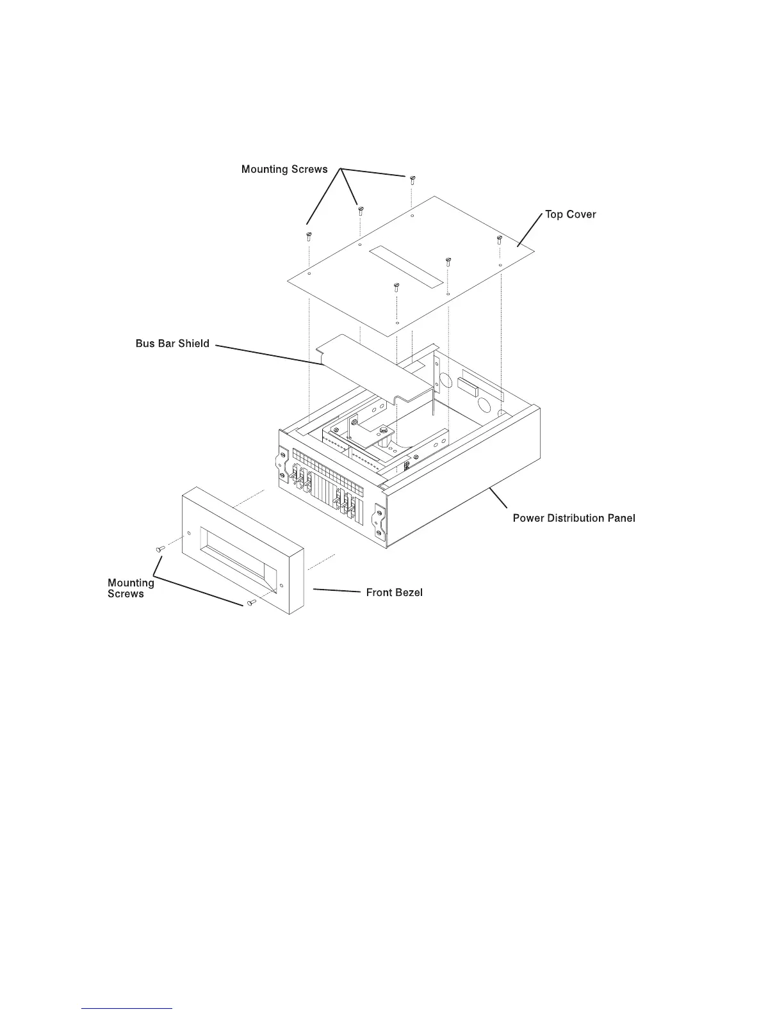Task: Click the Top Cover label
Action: pyautogui.click(x=570, y=214)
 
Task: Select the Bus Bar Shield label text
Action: pyautogui.click(x=172, y=344)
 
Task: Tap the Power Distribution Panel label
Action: pyautogui.click(x=574, y=518)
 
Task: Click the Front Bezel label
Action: pyautogui.click(x=394, y=593)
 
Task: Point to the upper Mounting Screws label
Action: pyautogui.click(x=284, y=170)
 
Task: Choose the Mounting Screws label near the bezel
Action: pyautogui.click(x=131, y=588)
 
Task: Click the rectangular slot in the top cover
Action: pyautogui.click(x=407, y=264)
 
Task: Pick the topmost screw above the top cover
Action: pyautogui.click(x=412, y=178)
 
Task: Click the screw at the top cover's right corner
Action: pyautogui.click(x=498, y=240)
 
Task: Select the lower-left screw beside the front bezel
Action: pyautogui.click(x=160, y=549)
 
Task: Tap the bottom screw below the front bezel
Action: pyautogui.click(x=251, y=602)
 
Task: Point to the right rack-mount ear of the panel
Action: pyautogui.click(x=379, y=519)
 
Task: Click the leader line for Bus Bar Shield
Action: pyautogui.click(x=269, y=355)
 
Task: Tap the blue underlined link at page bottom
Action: pyautogui.click(x=127, y=1008)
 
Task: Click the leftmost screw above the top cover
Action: pyautogui.click(x=309, y=236)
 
